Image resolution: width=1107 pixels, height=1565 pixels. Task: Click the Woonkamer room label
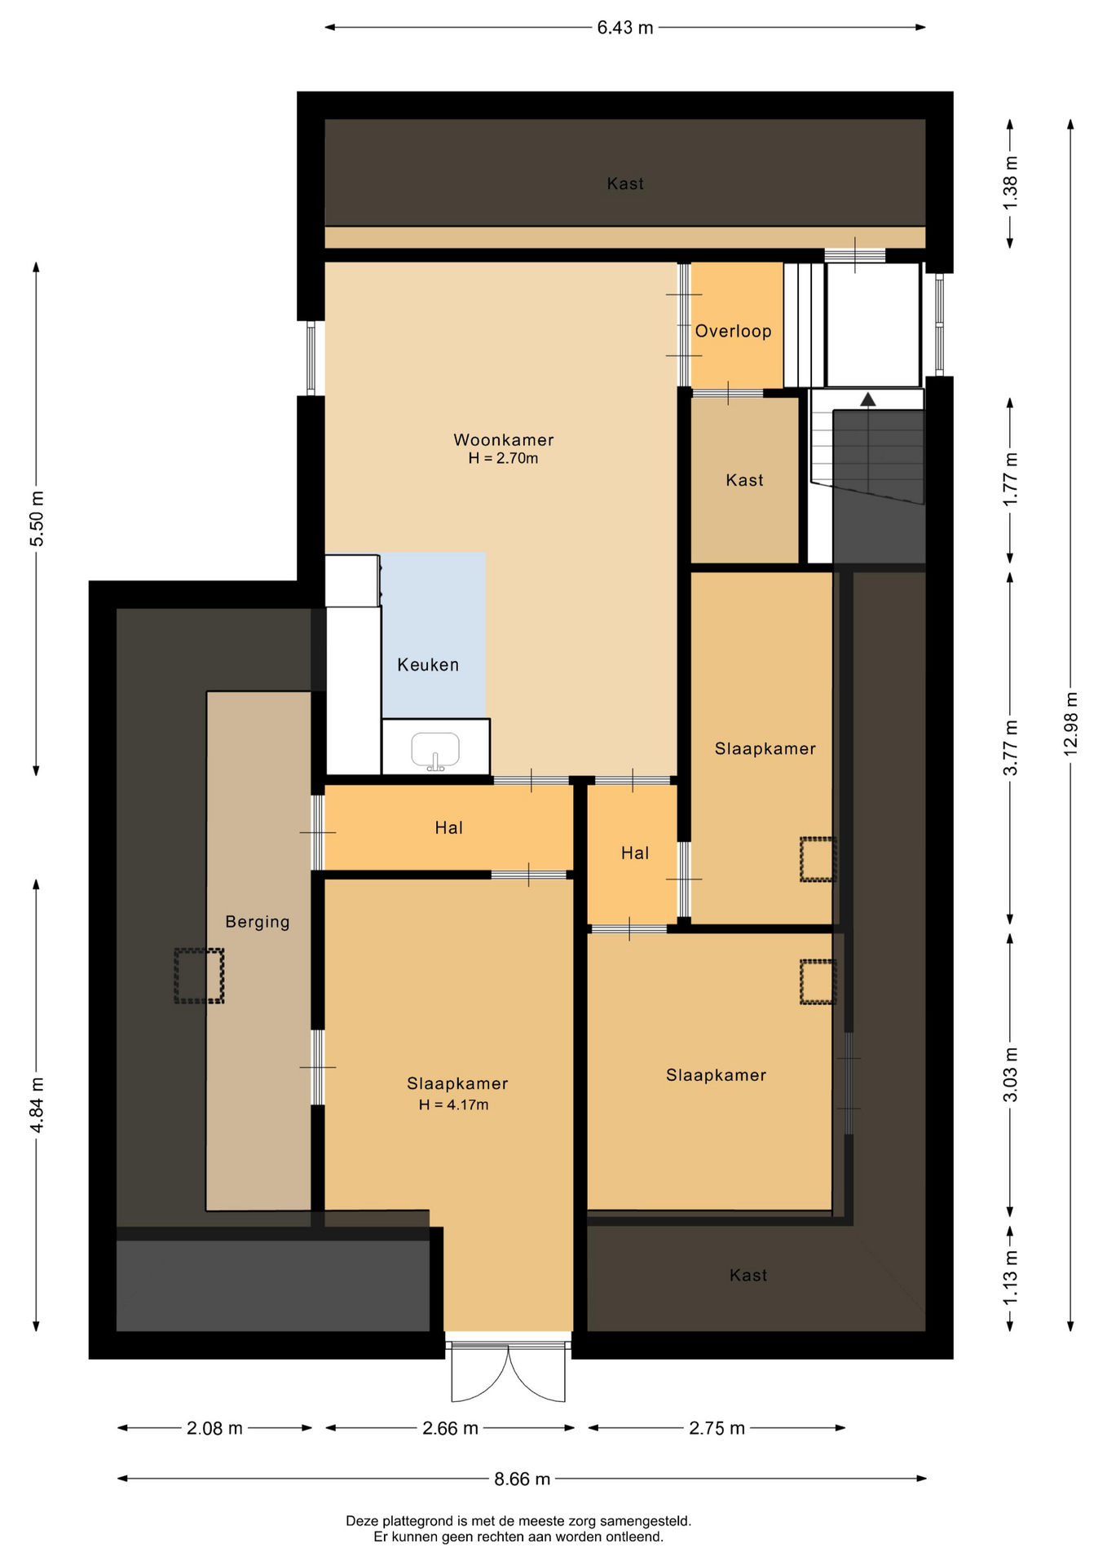(x=503, y=440)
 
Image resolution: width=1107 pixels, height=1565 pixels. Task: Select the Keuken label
(x=428, y=665)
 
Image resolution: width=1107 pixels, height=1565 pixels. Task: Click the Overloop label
(x=733, y=331)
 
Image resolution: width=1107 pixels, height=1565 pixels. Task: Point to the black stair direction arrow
(x=868, y=399)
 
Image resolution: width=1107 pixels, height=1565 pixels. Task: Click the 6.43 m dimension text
(x=625, y=28)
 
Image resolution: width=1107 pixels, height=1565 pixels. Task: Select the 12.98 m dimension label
(x=1070, y=723)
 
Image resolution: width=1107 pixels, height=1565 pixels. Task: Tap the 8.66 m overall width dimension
(x=522, y=1479)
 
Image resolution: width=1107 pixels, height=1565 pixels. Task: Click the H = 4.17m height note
(x=454, y=1105)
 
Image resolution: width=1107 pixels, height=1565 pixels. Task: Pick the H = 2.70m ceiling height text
(x=503, y=459)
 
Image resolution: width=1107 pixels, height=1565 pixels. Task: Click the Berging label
(x=258, y=922)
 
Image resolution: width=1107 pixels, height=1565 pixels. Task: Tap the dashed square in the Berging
(x=199, y=976)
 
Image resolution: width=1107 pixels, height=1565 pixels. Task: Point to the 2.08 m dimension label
(x=214, y=1428)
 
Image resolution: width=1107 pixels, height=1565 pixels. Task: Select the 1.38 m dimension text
(x=1010, y=183)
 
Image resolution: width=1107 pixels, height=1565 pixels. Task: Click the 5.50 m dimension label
(x=37, y=519)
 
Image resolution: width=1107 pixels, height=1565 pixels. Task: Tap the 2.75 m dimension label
(x=717, y=1428)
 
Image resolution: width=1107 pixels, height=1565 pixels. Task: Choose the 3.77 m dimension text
(x=1010, y=747)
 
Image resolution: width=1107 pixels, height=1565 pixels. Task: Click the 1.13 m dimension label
(x=1010, y=1277)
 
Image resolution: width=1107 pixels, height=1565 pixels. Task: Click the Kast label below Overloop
(x=744, y=480)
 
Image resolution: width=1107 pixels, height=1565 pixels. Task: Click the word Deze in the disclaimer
(x=363, y=1521)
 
